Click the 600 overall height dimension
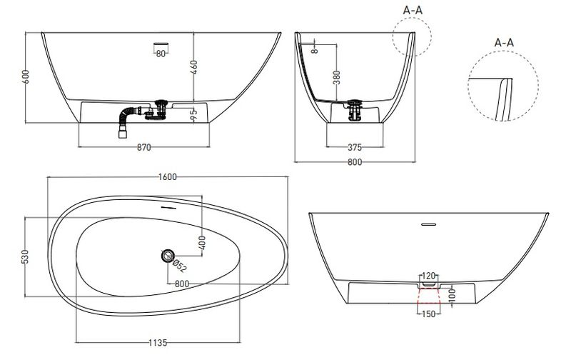coord(26,77)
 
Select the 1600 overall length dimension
coord(168,177)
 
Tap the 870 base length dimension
coord(144,148)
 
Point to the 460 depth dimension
coord(193,67)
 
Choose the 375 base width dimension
coord(355,148)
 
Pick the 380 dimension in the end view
coord(336,78)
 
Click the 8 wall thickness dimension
coord(315,49)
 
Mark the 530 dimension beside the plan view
coord(25,257)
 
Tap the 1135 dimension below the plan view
coord(158,343)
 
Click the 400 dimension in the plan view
coord(203,243)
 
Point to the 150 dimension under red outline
coord(428,314)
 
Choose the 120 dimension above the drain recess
coord(429,276)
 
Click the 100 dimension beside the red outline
coord(451,294)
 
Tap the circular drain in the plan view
coord(168,256)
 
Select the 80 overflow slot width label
coord(161,54)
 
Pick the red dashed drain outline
coord(428,299)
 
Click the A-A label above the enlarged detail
coord(504,43)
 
